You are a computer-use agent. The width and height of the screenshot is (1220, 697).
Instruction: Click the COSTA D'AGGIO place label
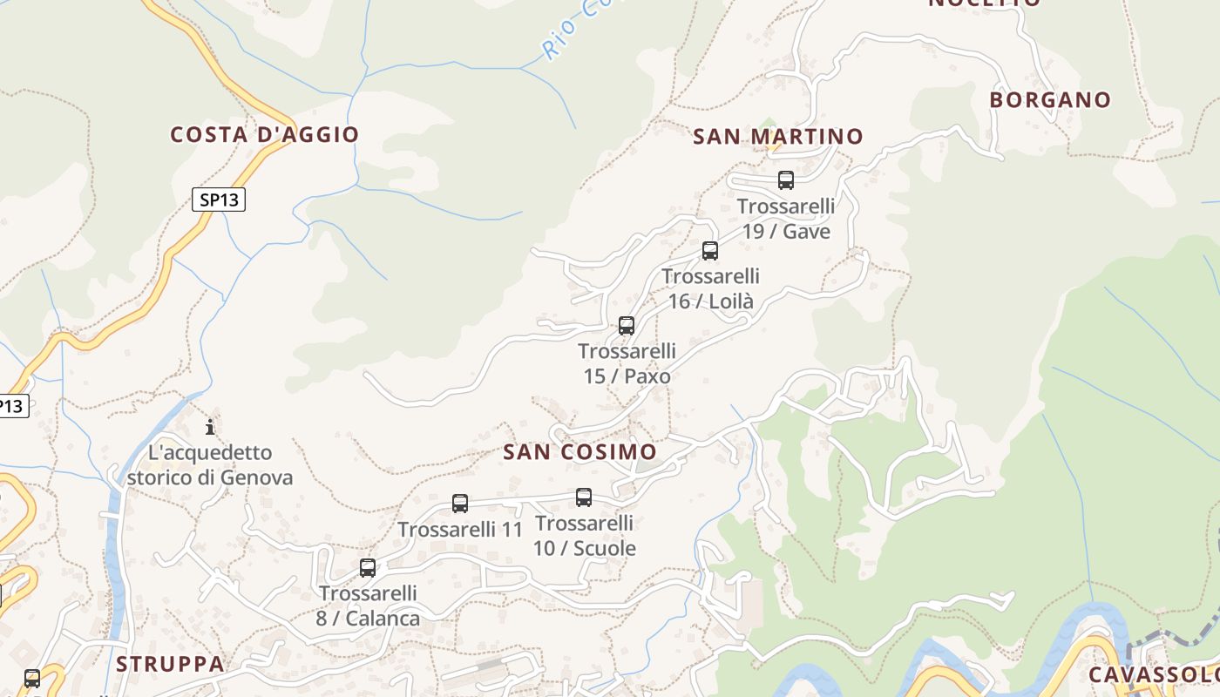[x=264, y=134]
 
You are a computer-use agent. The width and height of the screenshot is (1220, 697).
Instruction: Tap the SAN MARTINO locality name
[x=777, y=137]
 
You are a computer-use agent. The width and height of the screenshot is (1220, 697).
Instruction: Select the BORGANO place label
[x=1050, y=100]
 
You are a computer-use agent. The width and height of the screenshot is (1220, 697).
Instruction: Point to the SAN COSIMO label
[x=579, y=452]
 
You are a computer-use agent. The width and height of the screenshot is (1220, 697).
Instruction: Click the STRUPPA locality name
[x=170, y=664]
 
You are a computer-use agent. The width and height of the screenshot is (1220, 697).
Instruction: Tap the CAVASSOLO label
[x=1153, y=675]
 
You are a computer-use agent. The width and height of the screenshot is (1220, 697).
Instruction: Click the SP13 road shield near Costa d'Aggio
[x=219, y=200]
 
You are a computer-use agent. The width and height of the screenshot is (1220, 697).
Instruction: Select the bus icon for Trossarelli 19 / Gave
[x=786, y=180]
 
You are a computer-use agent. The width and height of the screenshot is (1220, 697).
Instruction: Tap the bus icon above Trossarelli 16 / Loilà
[x=710, y=251]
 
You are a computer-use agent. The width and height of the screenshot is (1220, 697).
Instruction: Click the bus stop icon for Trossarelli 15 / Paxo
[x=627, y=326]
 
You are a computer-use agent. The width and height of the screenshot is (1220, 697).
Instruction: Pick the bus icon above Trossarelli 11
[x=460, y=503]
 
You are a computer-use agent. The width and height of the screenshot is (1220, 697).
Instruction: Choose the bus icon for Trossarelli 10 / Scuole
[x=584, y=497]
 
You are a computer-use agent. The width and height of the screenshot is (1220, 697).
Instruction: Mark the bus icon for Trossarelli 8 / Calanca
[x=368, y=568]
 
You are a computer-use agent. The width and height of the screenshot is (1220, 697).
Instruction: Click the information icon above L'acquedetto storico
[x=210, y=427]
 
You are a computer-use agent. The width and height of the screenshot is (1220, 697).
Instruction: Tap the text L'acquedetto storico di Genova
[x=210, y=465]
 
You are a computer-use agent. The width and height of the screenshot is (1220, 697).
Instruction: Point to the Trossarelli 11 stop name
[x=460, y=529]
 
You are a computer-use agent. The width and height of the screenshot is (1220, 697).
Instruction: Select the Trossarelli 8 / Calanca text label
[x=368, y=606]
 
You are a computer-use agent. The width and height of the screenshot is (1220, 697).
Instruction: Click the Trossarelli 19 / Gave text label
[x=786, y=219]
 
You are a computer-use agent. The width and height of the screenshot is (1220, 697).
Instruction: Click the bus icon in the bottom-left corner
[x=32, y=678]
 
